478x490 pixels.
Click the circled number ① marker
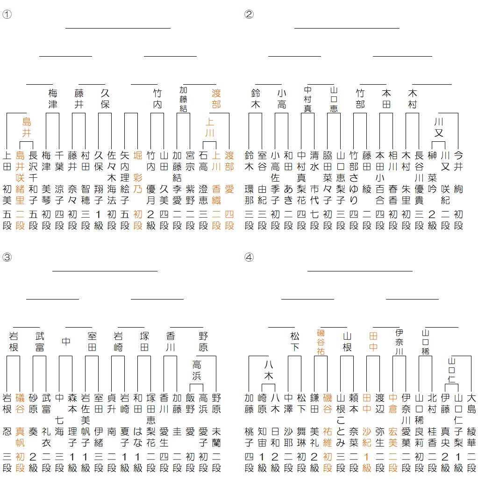(x=7, y=14)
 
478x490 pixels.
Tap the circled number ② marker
(x=249, y=14)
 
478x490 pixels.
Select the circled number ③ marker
(x=7, y=257)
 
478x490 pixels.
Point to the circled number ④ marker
(x=249, y=257)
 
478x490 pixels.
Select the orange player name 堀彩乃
(x=138, y=173)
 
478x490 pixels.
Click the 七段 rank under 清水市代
(x=314, y=220)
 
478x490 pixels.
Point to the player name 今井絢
(x=458, y=173)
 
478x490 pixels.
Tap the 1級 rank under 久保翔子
(x=99, y=220)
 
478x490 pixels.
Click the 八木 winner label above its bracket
(x=269, y=370)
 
